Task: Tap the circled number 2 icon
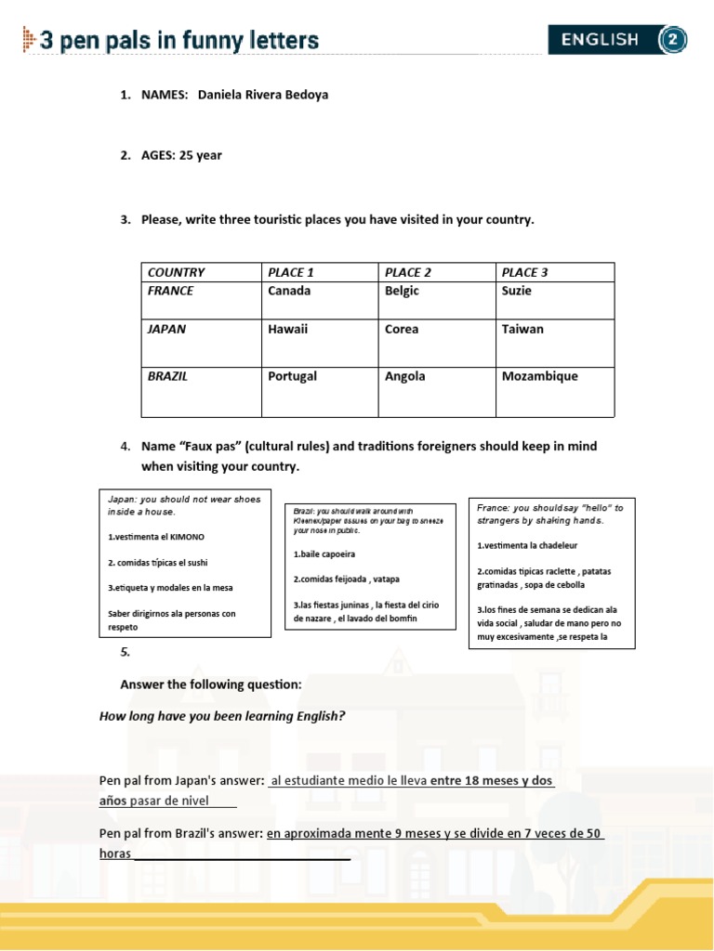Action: click(672, 40)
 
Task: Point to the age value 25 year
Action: click(201, 155)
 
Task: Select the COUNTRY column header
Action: click(176, 272)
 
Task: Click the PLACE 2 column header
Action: click(408, 272)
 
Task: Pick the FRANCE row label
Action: click(171, 291)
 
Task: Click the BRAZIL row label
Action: click(168, 376)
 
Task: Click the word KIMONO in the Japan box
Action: click(186, 537)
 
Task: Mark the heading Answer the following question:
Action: click(211, 684)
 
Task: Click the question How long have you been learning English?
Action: click(222, 716)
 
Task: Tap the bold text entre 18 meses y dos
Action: click(492, 781)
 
